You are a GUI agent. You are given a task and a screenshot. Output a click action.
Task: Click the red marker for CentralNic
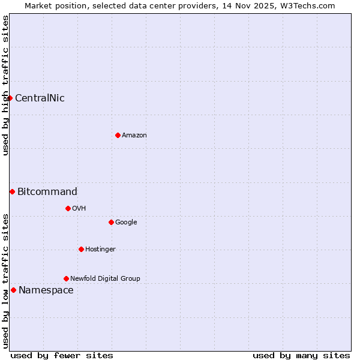click(10, 98)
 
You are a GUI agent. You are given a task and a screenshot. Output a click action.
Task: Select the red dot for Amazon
click(118, 135)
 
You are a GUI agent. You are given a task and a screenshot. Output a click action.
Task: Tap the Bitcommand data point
click(12, 191)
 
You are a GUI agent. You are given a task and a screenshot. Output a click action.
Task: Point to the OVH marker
click(68, 208)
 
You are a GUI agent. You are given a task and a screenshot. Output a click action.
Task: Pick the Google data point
click(111, 222)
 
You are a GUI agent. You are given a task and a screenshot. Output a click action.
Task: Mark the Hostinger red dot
click(81, 249)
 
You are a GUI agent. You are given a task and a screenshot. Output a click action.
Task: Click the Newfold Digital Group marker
click(66, 278)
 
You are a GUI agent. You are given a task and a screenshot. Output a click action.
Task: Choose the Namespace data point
click(13, 290)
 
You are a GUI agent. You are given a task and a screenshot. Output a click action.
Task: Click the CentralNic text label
click(40, 98)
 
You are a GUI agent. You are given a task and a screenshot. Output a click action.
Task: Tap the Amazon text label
click(134, 136)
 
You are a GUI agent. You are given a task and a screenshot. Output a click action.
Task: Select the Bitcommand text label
click(47, 192)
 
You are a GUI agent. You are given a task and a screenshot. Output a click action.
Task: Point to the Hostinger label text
click(100, 250)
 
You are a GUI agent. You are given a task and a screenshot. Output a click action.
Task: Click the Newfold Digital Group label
click(105, 279)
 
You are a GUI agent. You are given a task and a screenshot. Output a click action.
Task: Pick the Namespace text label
click(46, 290)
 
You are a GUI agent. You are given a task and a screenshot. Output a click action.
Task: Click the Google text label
click(126, 223)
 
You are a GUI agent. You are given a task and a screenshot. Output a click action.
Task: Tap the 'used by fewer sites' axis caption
click(62, 355)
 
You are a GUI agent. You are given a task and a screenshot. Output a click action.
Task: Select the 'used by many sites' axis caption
click(301, 355)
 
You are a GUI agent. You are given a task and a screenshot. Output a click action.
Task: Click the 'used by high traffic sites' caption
click(5, 85)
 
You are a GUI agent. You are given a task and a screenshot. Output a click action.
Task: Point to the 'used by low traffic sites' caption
click(5, 281)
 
